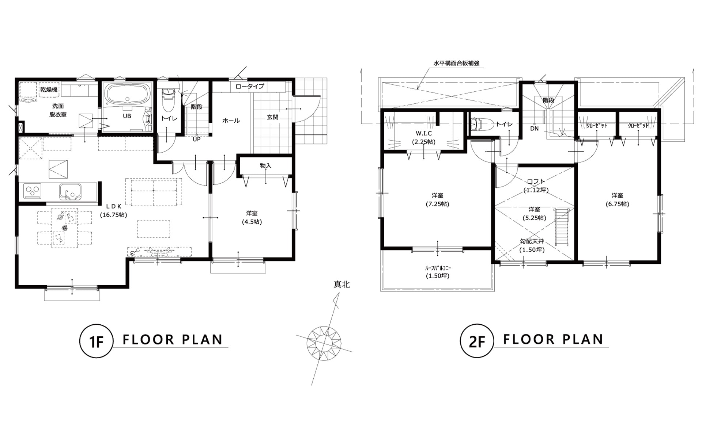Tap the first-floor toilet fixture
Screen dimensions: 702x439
click(x=169, y=100)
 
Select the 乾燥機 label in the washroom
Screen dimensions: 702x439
click(x=49, y=89)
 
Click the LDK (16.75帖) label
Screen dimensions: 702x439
click(x=114, y=210)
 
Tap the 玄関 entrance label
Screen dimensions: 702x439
click(x=272, y=117)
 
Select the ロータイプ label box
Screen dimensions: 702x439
click(x=250, y=87)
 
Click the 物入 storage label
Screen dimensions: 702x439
click(x=266, y=165)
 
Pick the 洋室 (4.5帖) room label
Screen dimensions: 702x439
click(x=252, y=217)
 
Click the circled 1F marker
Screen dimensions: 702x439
click(x=96, y=341)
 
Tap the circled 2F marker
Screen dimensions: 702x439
click(x=477, y=341)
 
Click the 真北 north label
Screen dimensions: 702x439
click(x=341, y=285)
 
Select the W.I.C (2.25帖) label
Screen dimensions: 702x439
click(x=424, y=138)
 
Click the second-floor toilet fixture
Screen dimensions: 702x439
click(x=479, y=124)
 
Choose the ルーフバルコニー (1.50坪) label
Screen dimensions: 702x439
click(x=438, y=272)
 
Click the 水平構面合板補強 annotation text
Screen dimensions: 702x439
click(x=456, y=63)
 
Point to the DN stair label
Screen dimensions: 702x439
click(x=535, y=129)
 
